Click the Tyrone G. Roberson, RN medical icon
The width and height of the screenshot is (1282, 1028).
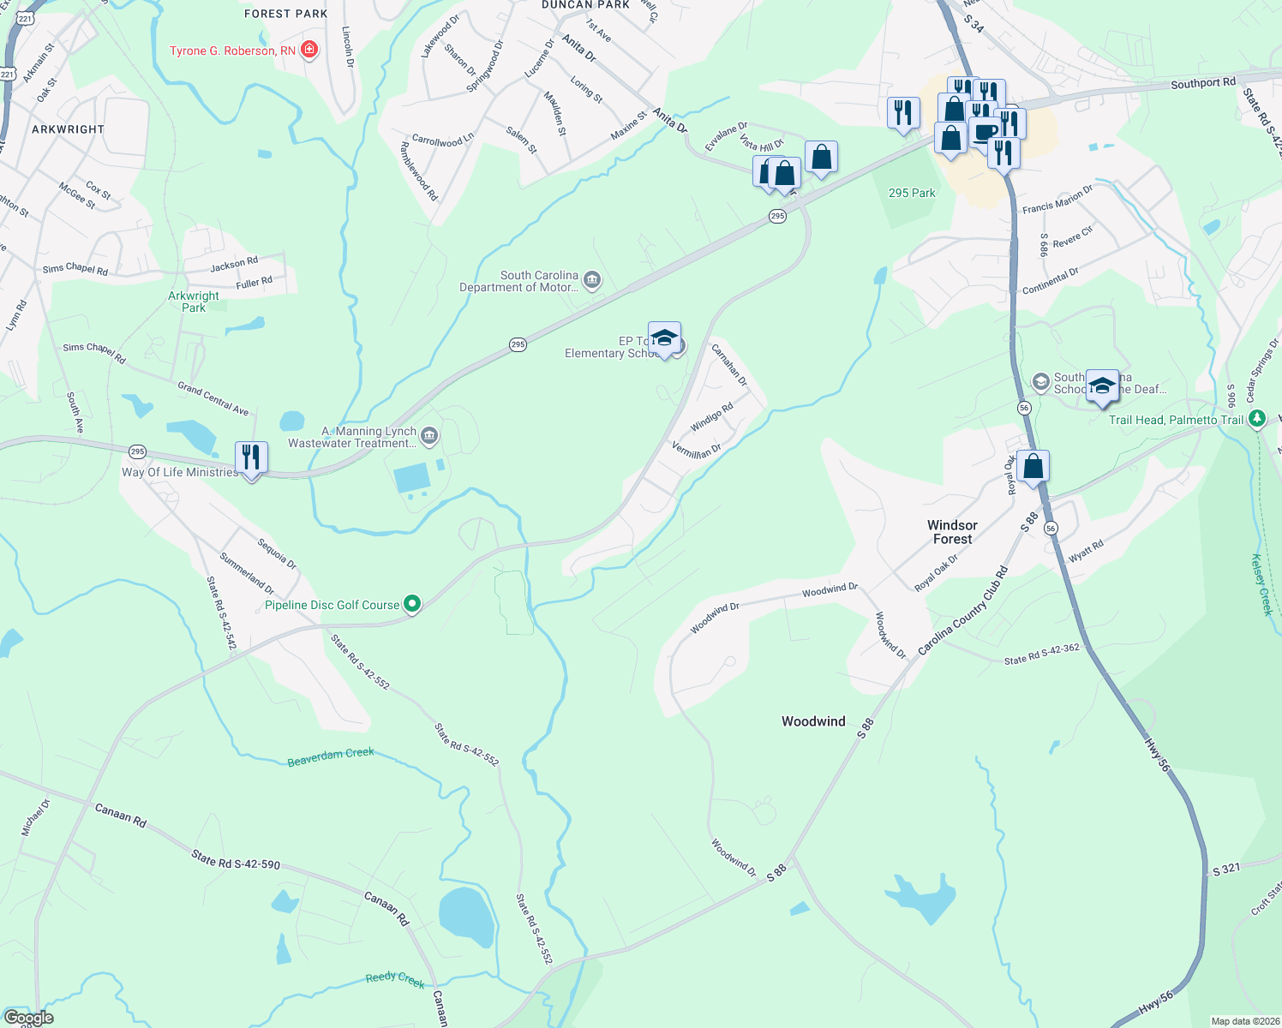309,51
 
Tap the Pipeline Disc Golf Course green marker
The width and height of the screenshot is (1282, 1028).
412,605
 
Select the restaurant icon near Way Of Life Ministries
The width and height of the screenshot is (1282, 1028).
251,457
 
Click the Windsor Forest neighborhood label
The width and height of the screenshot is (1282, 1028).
952,532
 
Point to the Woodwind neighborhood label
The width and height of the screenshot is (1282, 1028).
813,721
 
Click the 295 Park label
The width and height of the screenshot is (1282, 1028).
912,193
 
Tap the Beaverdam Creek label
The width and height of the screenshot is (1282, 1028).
331,757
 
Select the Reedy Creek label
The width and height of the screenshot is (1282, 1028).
395,979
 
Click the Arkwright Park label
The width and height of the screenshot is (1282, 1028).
194,302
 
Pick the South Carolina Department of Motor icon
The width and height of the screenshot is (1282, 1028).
591,279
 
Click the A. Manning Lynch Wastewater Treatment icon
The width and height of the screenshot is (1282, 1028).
429,437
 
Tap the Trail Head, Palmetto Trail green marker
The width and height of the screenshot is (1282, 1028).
1257,419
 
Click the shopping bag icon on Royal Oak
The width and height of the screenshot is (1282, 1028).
1033,467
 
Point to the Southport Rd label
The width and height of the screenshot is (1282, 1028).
1203,83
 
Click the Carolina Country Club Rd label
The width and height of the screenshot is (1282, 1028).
962,611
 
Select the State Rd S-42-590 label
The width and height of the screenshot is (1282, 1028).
236,859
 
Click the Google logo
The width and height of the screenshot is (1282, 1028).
29,1018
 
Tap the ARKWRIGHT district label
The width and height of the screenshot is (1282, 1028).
68,129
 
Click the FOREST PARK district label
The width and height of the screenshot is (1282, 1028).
285,14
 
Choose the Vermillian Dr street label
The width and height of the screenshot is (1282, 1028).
696,450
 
